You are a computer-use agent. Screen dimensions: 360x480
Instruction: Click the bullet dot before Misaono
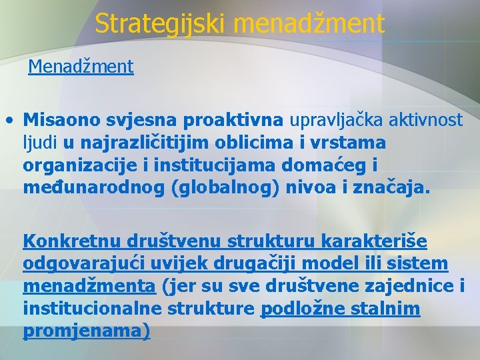coord(9,121)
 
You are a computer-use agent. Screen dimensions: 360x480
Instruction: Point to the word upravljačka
coord(341,120)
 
